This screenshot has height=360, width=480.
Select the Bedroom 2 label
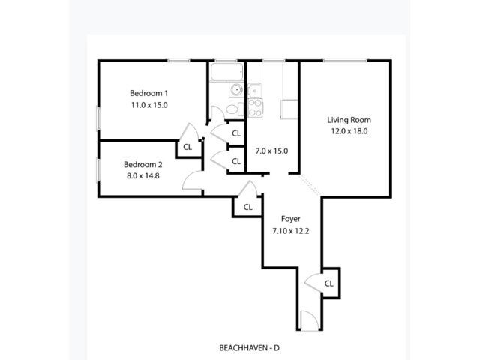pos(142,165)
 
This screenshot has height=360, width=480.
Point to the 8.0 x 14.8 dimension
pos(142,176)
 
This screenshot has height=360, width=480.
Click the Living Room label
pos(349,119)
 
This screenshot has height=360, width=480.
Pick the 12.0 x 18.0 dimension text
pos(349,131)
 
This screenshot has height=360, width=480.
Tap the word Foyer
pos(290,219)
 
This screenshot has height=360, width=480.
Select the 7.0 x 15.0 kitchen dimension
pos(271,151)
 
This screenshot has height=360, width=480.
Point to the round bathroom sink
pos(235,91)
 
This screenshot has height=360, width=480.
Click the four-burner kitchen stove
pos(256,108)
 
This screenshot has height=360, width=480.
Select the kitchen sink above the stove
pos(254,88)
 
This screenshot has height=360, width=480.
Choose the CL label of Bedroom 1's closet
pos(187,147)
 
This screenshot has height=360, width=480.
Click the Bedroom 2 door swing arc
pos(193,179)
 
